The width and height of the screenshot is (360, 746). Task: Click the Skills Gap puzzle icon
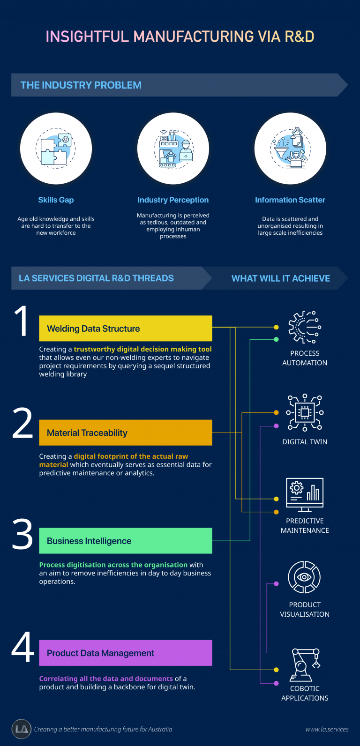pos(56,149)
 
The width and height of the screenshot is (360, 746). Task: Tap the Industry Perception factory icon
pos(173,149)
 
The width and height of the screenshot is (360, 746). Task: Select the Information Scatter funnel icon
pos(291,148)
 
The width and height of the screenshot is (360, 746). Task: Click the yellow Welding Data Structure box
pos(126,328)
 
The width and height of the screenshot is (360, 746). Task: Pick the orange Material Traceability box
pos(126,433)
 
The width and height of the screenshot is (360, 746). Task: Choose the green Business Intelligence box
pos(126,541)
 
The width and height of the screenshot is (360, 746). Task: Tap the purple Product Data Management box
pos(126,653)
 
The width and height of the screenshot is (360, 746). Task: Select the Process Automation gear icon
pos(305,327)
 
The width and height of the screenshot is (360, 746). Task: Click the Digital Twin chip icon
pos(305,413)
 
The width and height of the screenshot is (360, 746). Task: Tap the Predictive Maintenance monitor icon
pos(305,495)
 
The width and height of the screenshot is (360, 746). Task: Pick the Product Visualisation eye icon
pos(304,577)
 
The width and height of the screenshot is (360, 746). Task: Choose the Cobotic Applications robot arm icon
pos(305,665)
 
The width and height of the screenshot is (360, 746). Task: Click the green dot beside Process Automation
pos(276,339)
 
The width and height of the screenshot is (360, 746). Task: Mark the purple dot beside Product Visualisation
pos(276,584)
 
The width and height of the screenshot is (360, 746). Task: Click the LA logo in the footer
pos(21,729)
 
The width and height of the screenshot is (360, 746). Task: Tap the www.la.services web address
pos(327,729)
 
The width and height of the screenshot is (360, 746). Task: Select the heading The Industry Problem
pos(81,85)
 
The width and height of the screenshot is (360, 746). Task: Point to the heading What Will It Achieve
pos(281,278)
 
